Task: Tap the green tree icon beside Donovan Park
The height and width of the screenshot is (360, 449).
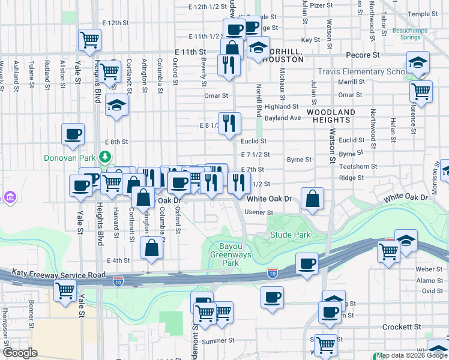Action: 106,157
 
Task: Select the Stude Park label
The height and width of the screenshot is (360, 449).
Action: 290,235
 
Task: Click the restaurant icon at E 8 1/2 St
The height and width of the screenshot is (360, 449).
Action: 229,124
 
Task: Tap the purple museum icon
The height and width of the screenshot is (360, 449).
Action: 11,197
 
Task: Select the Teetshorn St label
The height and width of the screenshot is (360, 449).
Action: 358,166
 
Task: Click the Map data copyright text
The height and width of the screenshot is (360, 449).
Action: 412,355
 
